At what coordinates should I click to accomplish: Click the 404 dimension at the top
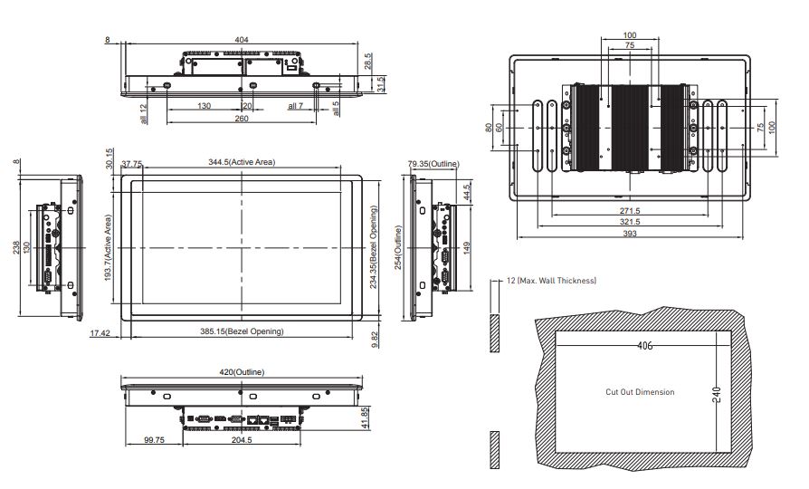(x=242, y=40)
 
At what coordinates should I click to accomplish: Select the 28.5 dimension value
(x=368, y=61)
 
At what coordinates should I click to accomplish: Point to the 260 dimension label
(x=242, y=119)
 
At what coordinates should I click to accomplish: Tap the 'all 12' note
(x=144, y=113)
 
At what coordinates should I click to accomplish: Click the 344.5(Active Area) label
(x=242, y=162)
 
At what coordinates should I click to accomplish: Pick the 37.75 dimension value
(x=131, y=164)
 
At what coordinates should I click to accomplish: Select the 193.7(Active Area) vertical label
(x=109, y=248)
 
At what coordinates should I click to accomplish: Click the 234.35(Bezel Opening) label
(x=374, y=247)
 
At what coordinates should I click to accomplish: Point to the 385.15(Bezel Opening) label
(x=242, y=331)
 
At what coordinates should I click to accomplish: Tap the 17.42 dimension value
(x=100, y=333)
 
